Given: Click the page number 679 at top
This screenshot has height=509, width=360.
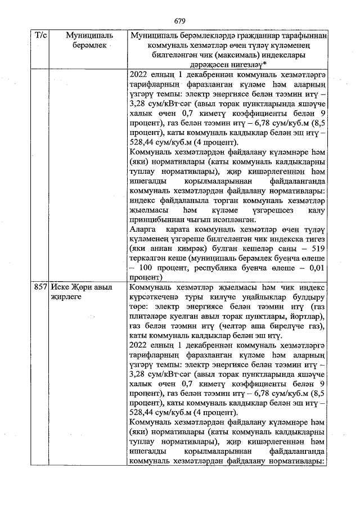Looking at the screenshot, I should (180, 21).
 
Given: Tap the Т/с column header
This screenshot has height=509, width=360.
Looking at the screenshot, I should (41, 35).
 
